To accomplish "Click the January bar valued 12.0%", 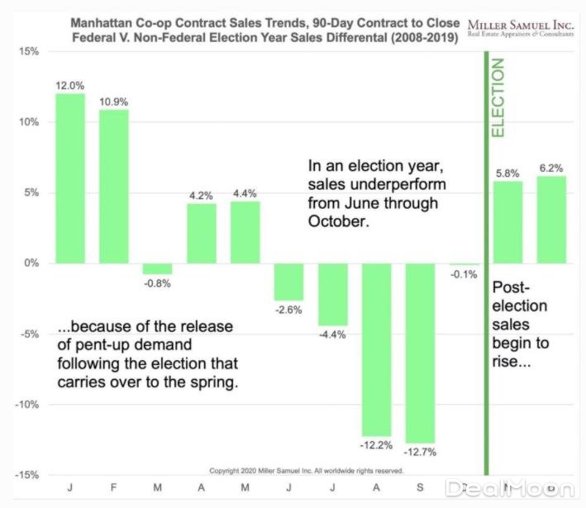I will click(x=70, y=178).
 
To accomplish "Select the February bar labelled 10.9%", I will click(x=114, y=186).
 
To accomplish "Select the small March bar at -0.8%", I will click(x=157, y=268).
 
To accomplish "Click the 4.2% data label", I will click(x=201, y=196).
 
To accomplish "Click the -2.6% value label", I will click(x=288, y=310).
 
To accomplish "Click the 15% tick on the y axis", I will click(x=28, y=51).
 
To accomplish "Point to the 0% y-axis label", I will click(x=31, y=263).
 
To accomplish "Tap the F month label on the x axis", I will click(x=114, y=488).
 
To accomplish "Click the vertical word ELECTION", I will click(x=498, y=97).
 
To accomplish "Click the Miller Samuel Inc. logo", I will click(x=521, y=26).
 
